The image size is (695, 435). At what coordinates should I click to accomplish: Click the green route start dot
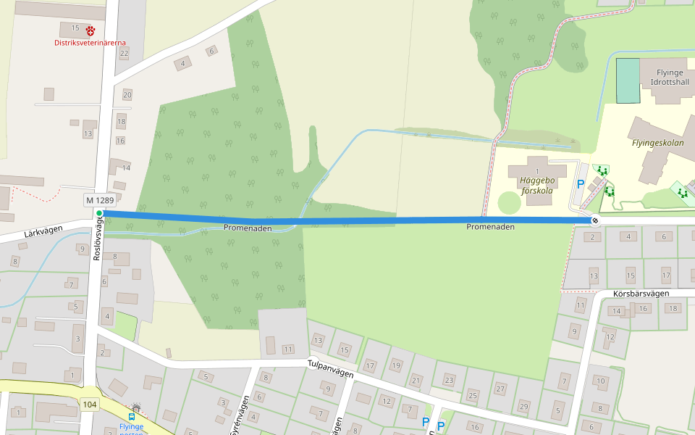(99, 213)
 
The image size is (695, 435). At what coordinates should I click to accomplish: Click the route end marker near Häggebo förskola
(594, 220)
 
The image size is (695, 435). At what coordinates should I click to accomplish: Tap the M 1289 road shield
(98, 199)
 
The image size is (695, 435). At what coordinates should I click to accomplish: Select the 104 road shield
(90, 405)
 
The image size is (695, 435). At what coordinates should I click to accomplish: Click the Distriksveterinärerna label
(90, 43)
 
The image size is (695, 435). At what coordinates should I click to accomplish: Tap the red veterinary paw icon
(90, 30)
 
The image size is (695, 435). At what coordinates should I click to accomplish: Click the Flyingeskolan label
(657, 143)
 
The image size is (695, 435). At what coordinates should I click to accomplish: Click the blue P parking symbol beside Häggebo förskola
(580, 184)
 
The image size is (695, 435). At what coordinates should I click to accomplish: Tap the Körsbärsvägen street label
(639, 294)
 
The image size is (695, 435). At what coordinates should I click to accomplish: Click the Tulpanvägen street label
(330, 368)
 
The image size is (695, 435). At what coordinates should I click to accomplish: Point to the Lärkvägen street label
(43, 231)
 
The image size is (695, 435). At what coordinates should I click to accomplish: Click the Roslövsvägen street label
(97, 240)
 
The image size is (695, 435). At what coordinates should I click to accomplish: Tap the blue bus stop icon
(132, 417)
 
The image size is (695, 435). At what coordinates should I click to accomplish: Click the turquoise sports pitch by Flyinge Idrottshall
(628, 80)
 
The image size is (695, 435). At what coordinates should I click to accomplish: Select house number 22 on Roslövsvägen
(124, 53)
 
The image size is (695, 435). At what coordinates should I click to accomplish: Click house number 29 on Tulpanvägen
(523, 405)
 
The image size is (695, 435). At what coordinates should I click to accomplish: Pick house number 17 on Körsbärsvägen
(667, 275)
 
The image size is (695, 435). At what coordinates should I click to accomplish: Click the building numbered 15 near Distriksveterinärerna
(75, 28)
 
